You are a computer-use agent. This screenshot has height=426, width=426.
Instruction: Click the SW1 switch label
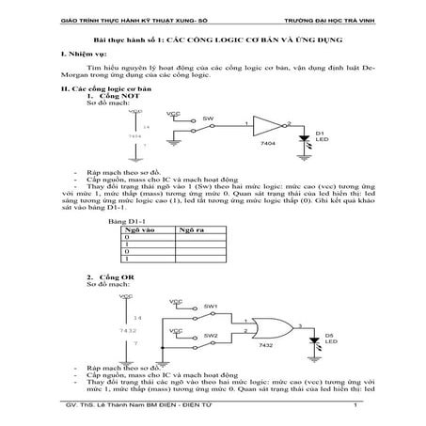tap(211, 307)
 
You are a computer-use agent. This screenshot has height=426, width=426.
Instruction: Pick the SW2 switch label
tap(211, 335)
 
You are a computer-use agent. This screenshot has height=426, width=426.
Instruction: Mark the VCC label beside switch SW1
tap(175, 301)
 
